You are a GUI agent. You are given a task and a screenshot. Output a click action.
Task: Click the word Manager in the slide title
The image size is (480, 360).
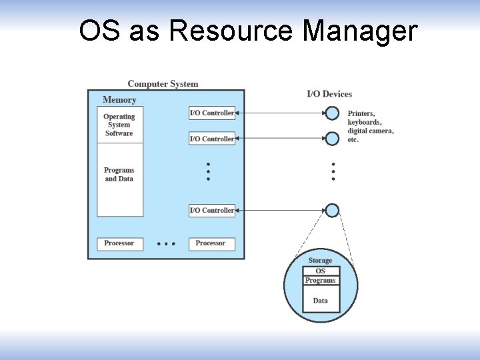(x=360, y=31)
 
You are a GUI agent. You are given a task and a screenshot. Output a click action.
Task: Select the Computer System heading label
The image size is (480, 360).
(x=163, y=84)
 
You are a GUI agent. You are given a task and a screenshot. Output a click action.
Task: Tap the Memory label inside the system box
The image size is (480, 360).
(x=119, y=100)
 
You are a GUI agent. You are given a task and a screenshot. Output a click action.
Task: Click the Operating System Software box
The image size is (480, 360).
(x=119, y=125)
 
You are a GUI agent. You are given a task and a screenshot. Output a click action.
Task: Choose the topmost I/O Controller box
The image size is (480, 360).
(x=212, y=113)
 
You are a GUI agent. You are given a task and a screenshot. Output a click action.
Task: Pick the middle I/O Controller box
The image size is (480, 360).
(x=212, y=139)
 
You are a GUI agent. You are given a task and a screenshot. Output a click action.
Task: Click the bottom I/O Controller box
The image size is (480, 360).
(x=212, y=211)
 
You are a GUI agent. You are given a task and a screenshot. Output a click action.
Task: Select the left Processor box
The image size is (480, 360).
(x=119, y=244)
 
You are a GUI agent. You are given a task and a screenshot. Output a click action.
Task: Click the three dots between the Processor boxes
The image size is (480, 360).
(x=165, y=244)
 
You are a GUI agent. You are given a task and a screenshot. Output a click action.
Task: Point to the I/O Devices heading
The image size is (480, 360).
(x=329, y=94)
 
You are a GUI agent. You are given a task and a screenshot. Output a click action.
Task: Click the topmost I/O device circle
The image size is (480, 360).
(x=332, y=113)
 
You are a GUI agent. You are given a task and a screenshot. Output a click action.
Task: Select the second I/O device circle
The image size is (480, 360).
(x=332, y=139)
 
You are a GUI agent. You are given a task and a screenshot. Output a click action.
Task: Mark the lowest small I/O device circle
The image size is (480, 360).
(x=332, y=211)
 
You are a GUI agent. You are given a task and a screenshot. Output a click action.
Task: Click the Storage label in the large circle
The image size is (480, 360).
(x=320, y=261)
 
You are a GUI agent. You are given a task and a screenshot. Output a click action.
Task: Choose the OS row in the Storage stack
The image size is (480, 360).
(x=321, y=271)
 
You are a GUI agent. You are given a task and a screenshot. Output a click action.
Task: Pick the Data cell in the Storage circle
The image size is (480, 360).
(x=321, y=301)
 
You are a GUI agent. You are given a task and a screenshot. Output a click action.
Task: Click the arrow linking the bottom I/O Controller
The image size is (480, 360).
(x=280, y=211)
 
